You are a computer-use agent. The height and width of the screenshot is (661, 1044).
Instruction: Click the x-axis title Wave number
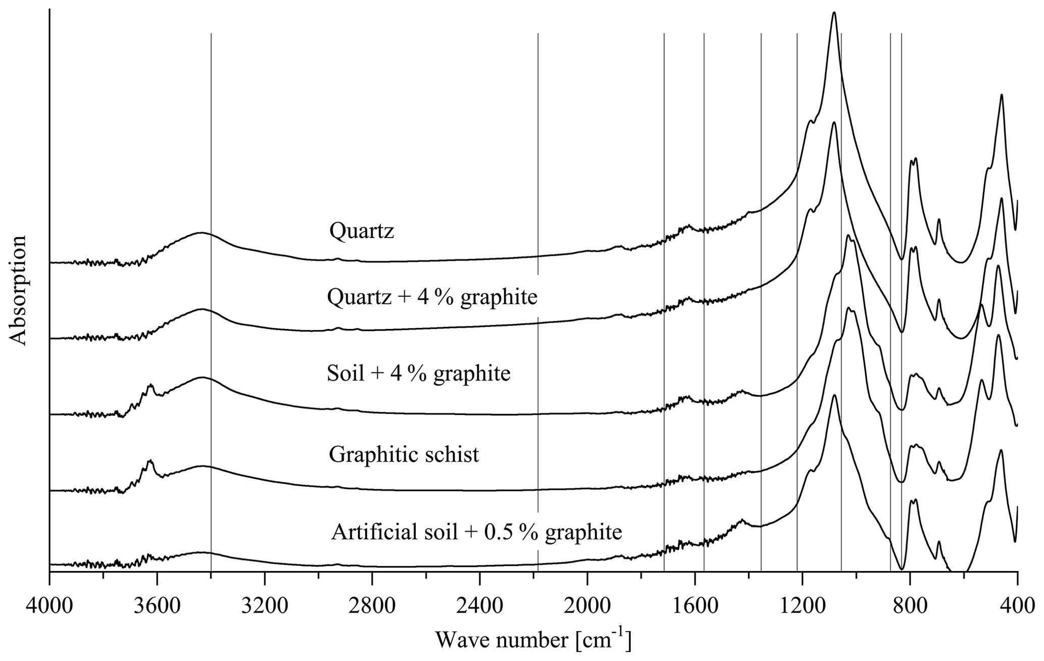point(533,640)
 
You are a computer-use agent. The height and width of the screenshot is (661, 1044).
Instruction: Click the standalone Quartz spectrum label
point(361,231)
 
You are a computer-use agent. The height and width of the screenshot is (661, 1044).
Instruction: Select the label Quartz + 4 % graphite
point(432,297)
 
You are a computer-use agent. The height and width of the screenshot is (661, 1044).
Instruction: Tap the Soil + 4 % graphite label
point(419,374)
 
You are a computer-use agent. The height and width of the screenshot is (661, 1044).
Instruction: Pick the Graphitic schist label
point(404,455)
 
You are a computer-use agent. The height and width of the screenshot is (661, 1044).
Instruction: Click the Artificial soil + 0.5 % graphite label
point(476,532)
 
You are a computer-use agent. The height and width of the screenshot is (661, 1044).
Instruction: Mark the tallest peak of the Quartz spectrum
point(834,14)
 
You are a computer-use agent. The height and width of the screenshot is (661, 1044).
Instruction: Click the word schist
point(453,455)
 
